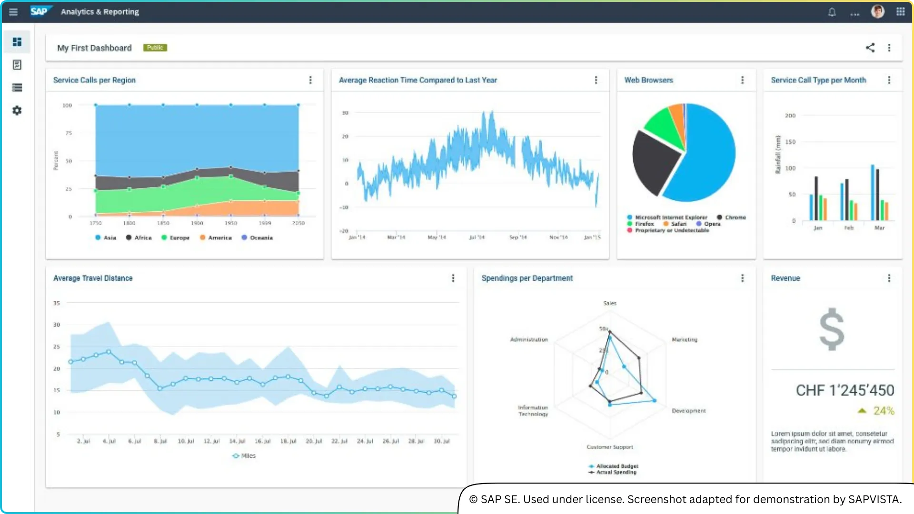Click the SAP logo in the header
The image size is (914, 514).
pos(40,11)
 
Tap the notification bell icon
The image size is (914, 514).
pos(832,12)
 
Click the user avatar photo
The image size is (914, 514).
pos(877,11)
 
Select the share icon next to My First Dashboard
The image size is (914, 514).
pos(870,48)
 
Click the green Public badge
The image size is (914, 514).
pos(155,48)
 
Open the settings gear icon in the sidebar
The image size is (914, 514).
pos(17,110)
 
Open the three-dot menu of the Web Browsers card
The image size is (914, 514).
pos(742,80)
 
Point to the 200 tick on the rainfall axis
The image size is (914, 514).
pos(790,116)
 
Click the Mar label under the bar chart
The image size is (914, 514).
pos(879,228)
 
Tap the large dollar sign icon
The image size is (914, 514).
pos(832,329)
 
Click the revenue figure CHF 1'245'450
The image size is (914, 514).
pos(844,390)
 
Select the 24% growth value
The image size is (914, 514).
pos(884,411)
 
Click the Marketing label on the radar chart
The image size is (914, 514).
pos(684,339)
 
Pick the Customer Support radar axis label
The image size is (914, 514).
pos(609,447)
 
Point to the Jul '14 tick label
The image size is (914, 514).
pos(477,237)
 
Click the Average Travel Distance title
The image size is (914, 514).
pos(93,278)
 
